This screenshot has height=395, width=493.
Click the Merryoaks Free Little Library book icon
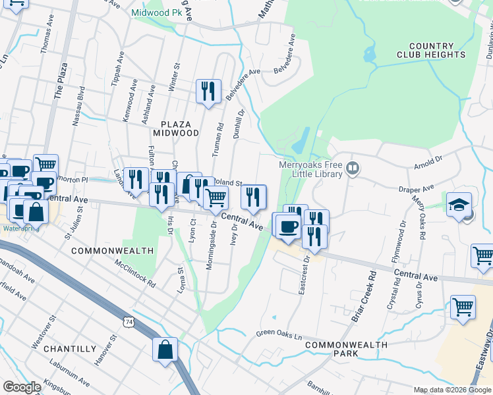[x=353, y=169]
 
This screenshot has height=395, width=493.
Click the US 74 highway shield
[x=128, y=321]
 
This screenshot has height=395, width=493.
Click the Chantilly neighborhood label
[x=74, y=348]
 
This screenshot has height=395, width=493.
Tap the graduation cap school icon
[x=459, y=205]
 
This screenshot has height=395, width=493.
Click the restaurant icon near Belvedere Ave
[x=209, y=91]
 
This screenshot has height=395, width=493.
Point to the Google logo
[x=21, y=387]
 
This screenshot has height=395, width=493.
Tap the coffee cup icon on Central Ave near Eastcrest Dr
[x=287, y=226]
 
